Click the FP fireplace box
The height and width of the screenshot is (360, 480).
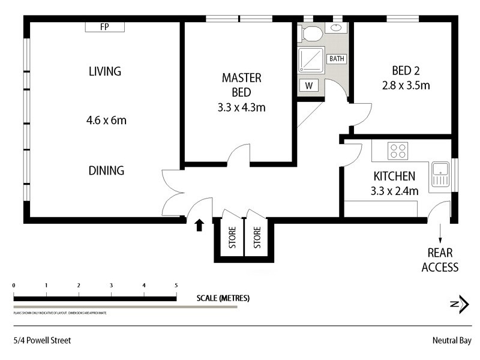104,26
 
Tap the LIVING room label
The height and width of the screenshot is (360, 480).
105,71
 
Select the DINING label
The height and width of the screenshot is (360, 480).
106,170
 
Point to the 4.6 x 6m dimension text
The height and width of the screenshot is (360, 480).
106,121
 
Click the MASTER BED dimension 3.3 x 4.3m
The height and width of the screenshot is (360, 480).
242,108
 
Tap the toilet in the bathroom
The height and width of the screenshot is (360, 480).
311,33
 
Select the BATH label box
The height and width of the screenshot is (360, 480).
337,59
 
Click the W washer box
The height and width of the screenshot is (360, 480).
308,86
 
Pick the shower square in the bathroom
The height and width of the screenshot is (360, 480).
311,60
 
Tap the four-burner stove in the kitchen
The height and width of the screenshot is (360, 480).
398,150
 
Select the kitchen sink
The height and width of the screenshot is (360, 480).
440,173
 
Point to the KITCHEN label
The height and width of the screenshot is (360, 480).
394,176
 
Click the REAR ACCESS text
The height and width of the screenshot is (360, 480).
440,260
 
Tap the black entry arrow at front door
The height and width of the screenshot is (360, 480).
200,225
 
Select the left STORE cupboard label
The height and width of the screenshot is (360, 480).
232,238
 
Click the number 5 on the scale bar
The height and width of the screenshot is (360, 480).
176,286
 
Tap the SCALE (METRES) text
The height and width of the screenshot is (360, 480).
223,298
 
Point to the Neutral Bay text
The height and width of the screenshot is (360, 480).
450,340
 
